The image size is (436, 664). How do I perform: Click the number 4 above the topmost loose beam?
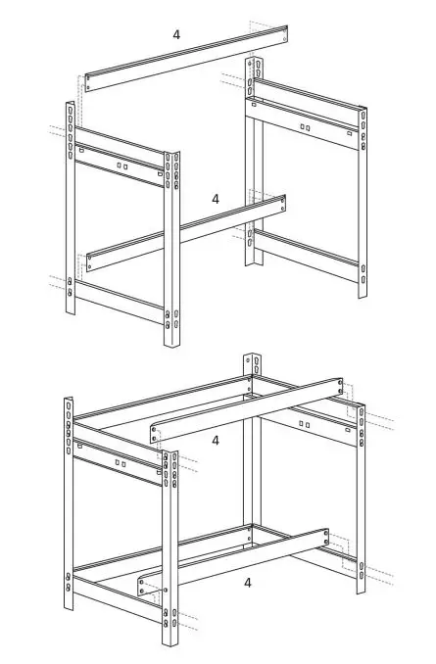click(176, 35)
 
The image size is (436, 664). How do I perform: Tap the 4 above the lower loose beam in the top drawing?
click(216, 199)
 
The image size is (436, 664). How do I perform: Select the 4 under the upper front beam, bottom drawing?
click(216, 441)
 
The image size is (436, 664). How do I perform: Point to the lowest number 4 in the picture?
click(248, 582)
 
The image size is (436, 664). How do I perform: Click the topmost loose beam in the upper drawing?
click(186, 57)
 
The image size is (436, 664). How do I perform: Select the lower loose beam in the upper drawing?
click(186, 232)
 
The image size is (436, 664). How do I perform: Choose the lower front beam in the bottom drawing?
click(235, 560)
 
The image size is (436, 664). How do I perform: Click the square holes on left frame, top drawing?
click(121, 166)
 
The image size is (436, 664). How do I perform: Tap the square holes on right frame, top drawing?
click(305, 127)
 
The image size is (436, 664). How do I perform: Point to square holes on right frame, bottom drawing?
click(305, 424)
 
